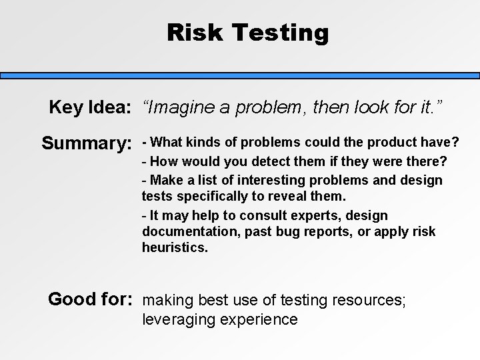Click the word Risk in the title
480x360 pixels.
(x=194, y=31)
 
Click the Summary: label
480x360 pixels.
(x=86, y=143)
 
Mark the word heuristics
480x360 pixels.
(x=174, y=247)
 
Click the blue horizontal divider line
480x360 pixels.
(x=240, y=76)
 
